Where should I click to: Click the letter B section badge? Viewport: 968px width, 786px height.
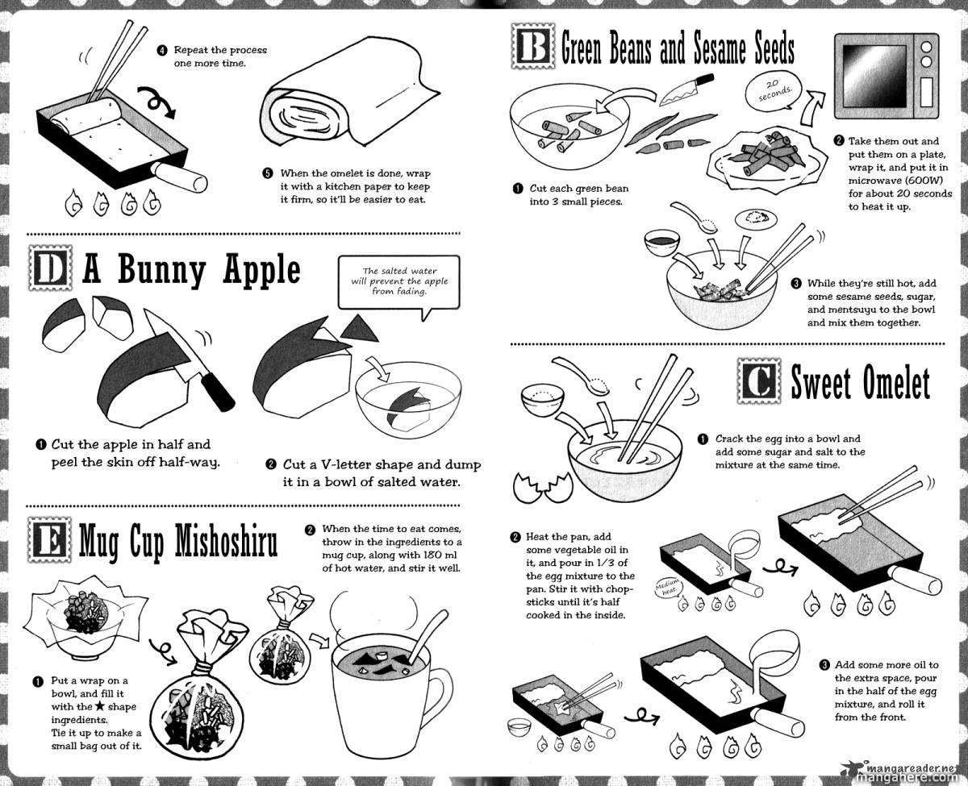[x=533, y=47]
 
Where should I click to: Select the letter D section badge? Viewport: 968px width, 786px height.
[x=50, y=269]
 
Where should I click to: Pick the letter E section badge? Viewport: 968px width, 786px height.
[x=49, y=540]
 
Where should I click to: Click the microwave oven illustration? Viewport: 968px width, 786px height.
[x=887, y=76]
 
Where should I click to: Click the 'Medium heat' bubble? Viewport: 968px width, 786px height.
[x=667, y=588]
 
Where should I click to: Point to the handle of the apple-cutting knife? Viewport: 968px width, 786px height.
[x=217, y=391]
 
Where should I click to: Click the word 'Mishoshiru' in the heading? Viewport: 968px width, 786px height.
[x=226, y=541]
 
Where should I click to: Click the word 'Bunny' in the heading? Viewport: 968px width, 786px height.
[x=162, y=270]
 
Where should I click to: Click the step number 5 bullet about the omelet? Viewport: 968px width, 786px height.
[x=268, y=173]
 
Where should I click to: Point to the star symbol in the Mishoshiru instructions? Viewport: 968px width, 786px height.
[x=100, y=706]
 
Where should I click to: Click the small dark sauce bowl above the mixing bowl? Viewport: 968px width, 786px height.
[x=661, y=242]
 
